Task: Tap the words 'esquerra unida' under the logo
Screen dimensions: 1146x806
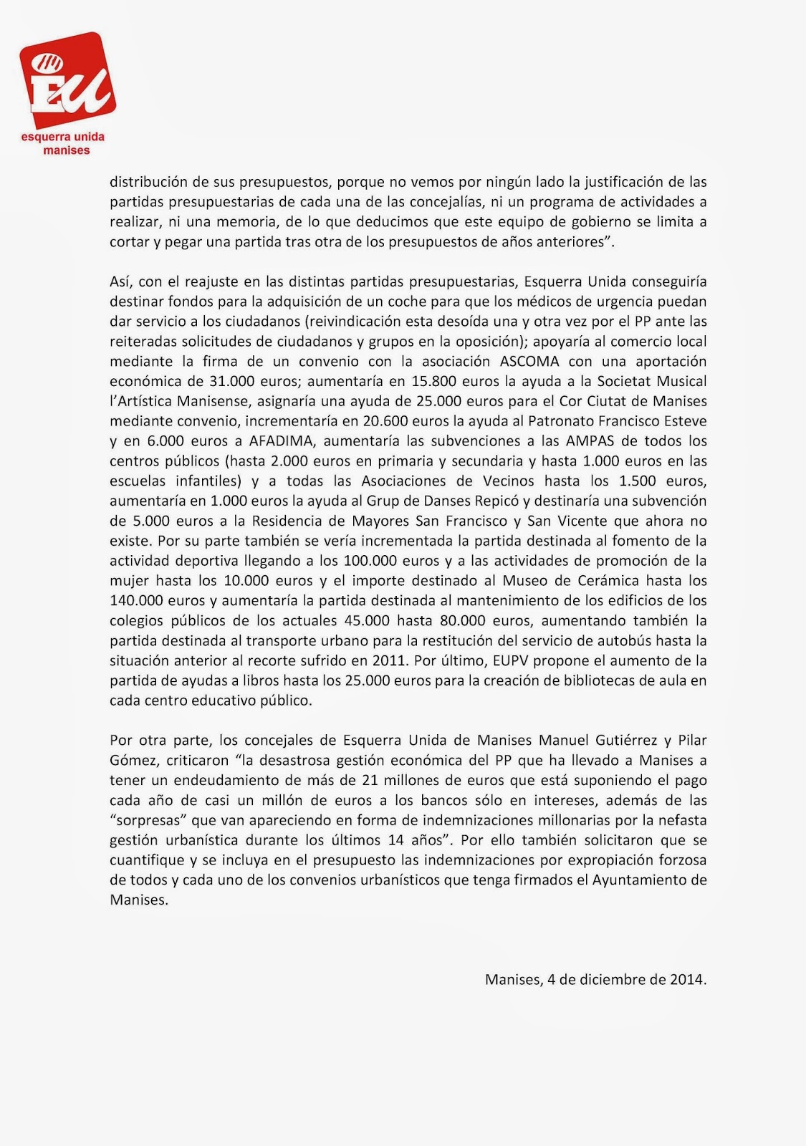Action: tap(63, 137)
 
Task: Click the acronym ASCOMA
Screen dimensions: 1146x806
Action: tap(527, 361)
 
